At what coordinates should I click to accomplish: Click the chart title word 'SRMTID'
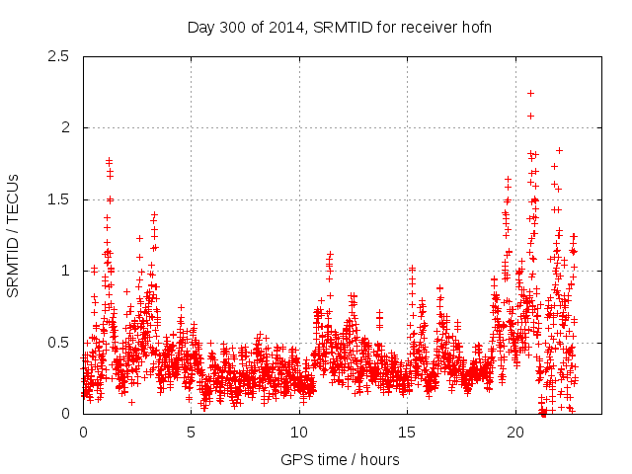[x=341, y=27]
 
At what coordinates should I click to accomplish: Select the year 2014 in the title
[x=286, y=27]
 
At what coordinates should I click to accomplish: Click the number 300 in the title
[x=233, y=27]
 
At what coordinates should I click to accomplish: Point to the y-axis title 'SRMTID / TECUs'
[x=14, y=235]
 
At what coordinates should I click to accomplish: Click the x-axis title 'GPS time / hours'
[x=340, y=459]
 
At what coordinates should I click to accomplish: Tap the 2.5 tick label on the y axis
[x=62, y=56]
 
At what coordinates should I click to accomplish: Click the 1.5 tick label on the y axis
[x=62, y=199]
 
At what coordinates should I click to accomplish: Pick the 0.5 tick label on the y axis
[x=62, y=343]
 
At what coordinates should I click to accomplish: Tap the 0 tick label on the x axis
[x=83, y=433]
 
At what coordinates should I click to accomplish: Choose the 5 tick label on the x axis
[x=192, y=433]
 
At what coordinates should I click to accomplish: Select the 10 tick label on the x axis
[x=299, y=433]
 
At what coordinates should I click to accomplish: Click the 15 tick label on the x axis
[x=408, y=433]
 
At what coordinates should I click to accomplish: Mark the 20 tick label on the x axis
[x=515, y=433]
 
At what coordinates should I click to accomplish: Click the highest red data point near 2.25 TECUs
[x=531, y=93]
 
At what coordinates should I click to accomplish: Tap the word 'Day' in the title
[x=200, y=27]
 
